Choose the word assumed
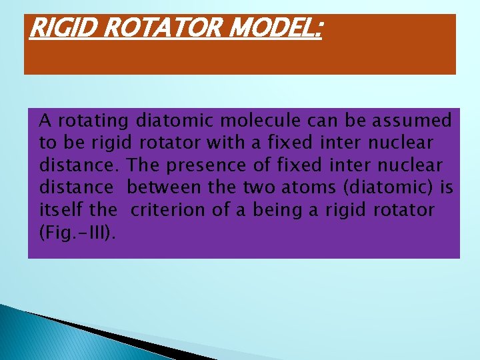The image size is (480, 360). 413,121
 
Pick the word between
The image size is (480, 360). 169,188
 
